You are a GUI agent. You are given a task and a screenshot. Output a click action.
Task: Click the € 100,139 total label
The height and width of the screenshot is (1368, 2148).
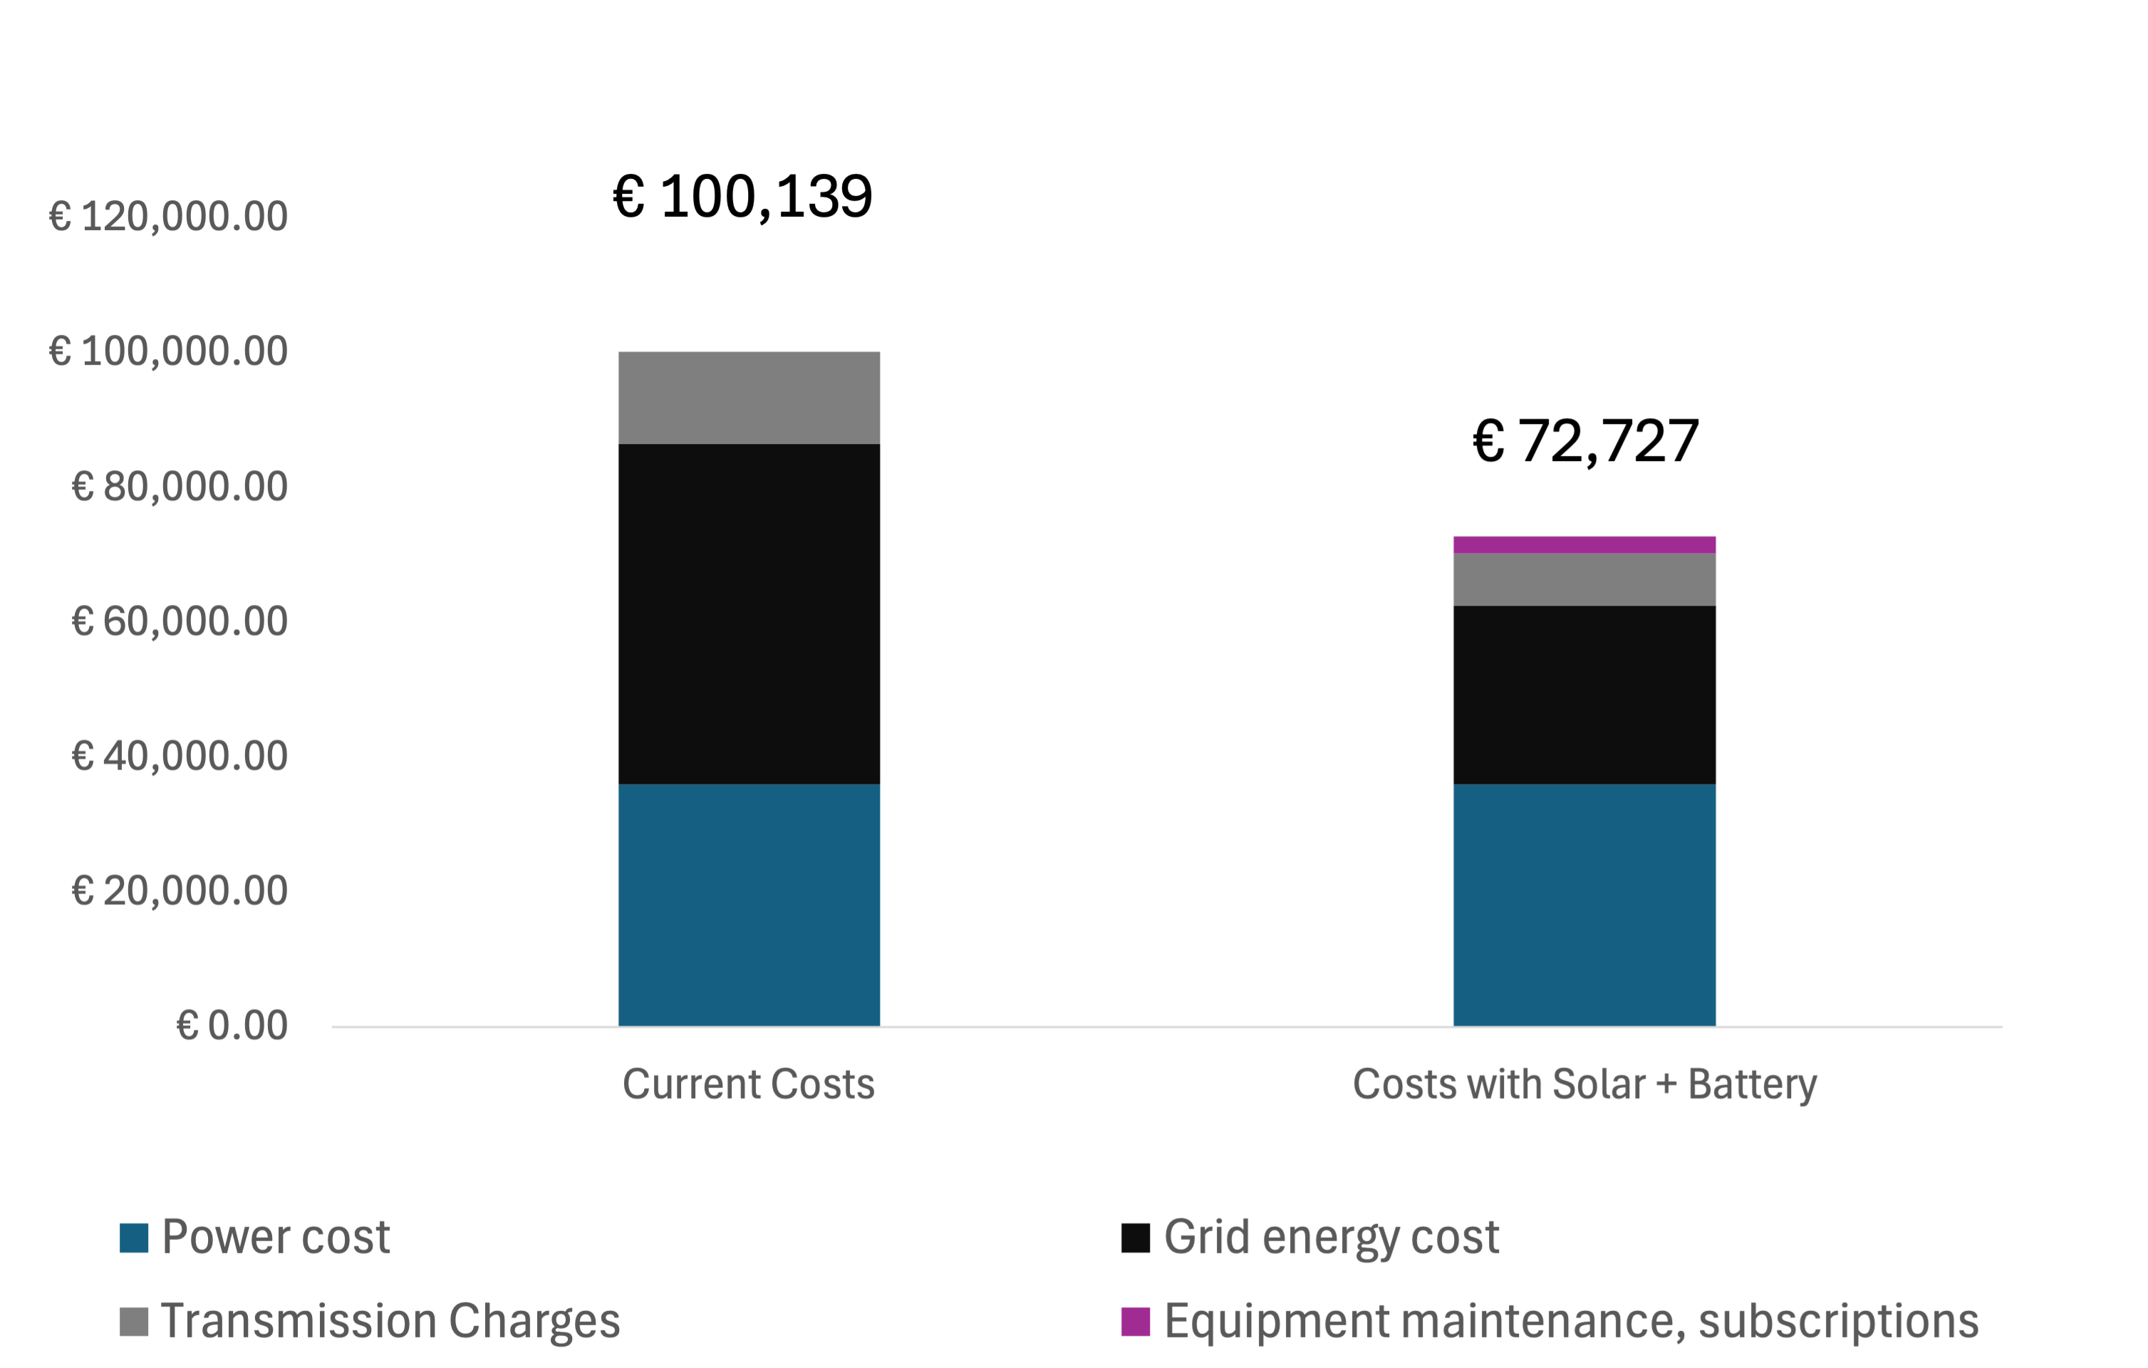pyautogui.click(x=742, y=197)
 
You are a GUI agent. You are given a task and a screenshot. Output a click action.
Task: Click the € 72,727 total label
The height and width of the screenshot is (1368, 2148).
pyautogui.click(x=1585, y=441)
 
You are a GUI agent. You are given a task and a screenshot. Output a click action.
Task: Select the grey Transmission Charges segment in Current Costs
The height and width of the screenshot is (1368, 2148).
pyautogui.click(x=749, y=398)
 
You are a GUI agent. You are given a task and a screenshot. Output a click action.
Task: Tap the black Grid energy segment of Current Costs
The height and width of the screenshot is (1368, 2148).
pyautogui.click(x=749, y=614)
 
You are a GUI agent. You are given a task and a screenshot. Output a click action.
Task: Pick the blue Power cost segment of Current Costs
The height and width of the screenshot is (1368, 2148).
pyautogui.click(x=749, y=905)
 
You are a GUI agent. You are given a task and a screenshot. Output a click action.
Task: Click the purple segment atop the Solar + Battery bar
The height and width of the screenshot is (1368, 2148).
pyautogui.click(x=1584, y=545)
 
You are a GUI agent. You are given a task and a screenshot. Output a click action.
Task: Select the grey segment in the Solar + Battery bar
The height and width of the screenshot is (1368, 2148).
pyautogui.click(x=1584, y=580)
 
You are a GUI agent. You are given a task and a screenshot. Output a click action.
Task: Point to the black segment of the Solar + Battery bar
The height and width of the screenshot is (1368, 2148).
pyautogui.click(x=1584, y=695)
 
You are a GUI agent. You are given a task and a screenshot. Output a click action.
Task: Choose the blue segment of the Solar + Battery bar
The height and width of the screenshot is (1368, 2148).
pyautogui.click(x=1584, y=905)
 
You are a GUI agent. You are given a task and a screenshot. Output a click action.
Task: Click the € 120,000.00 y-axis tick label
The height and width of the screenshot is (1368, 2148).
pyautogui.click(x=169, y=217)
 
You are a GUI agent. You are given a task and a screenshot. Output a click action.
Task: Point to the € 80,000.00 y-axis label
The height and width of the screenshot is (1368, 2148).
pyautogui.click(x=180, y=487)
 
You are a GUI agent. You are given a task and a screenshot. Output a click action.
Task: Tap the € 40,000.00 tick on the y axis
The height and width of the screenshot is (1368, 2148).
pyautogui.click(x=180, y=757)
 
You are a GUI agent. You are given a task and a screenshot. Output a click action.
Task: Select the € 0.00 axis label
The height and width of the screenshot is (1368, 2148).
pyautogui.click(x=232, y=1026)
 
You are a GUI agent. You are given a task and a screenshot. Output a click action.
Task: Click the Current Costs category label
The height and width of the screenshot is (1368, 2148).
pyautogui.click(x=748, y=1084)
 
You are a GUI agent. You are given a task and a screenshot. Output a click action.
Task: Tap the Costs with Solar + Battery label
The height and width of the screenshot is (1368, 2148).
pyautogui.click(x=1584, y=1084)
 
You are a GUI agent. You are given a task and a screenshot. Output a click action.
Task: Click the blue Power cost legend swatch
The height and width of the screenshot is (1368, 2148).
pyautogui.click(x=134, y=1238)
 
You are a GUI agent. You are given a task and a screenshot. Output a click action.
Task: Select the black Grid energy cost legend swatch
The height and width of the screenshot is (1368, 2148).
pyautogui.click(x=1135, y=1238)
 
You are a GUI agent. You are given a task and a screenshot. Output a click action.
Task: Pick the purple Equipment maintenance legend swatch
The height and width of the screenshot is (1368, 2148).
pyautogui.click(x=1135, y=1322)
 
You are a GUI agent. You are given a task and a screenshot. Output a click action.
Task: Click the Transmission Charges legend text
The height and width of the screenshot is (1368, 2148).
pyautogui.click(x=390, y=1322)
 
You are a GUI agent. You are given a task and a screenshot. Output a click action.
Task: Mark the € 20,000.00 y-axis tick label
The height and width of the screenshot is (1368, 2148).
pyautogui.click(x=180, y=891)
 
